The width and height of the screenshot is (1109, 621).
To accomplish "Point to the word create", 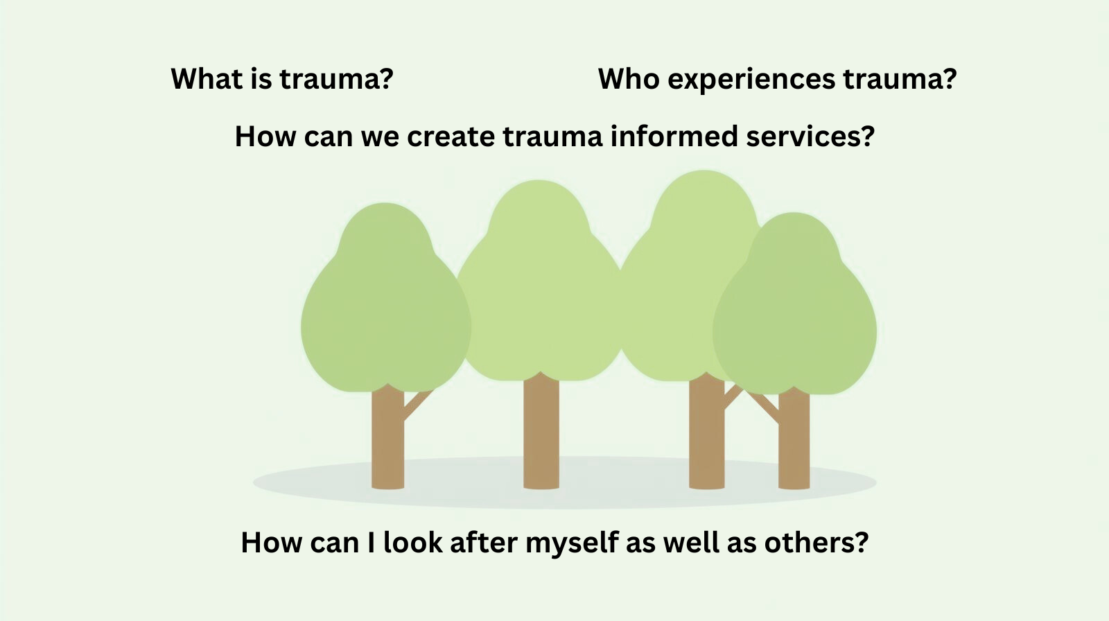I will click(x=451, y=137).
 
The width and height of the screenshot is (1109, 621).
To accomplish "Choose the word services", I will click(x=810, y=137).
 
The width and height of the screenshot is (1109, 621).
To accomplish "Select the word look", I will click(x=412, y=542).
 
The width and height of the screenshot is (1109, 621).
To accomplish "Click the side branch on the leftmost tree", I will click(x=418, y=403).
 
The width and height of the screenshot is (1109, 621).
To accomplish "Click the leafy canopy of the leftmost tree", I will click(x=385, y=305).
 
